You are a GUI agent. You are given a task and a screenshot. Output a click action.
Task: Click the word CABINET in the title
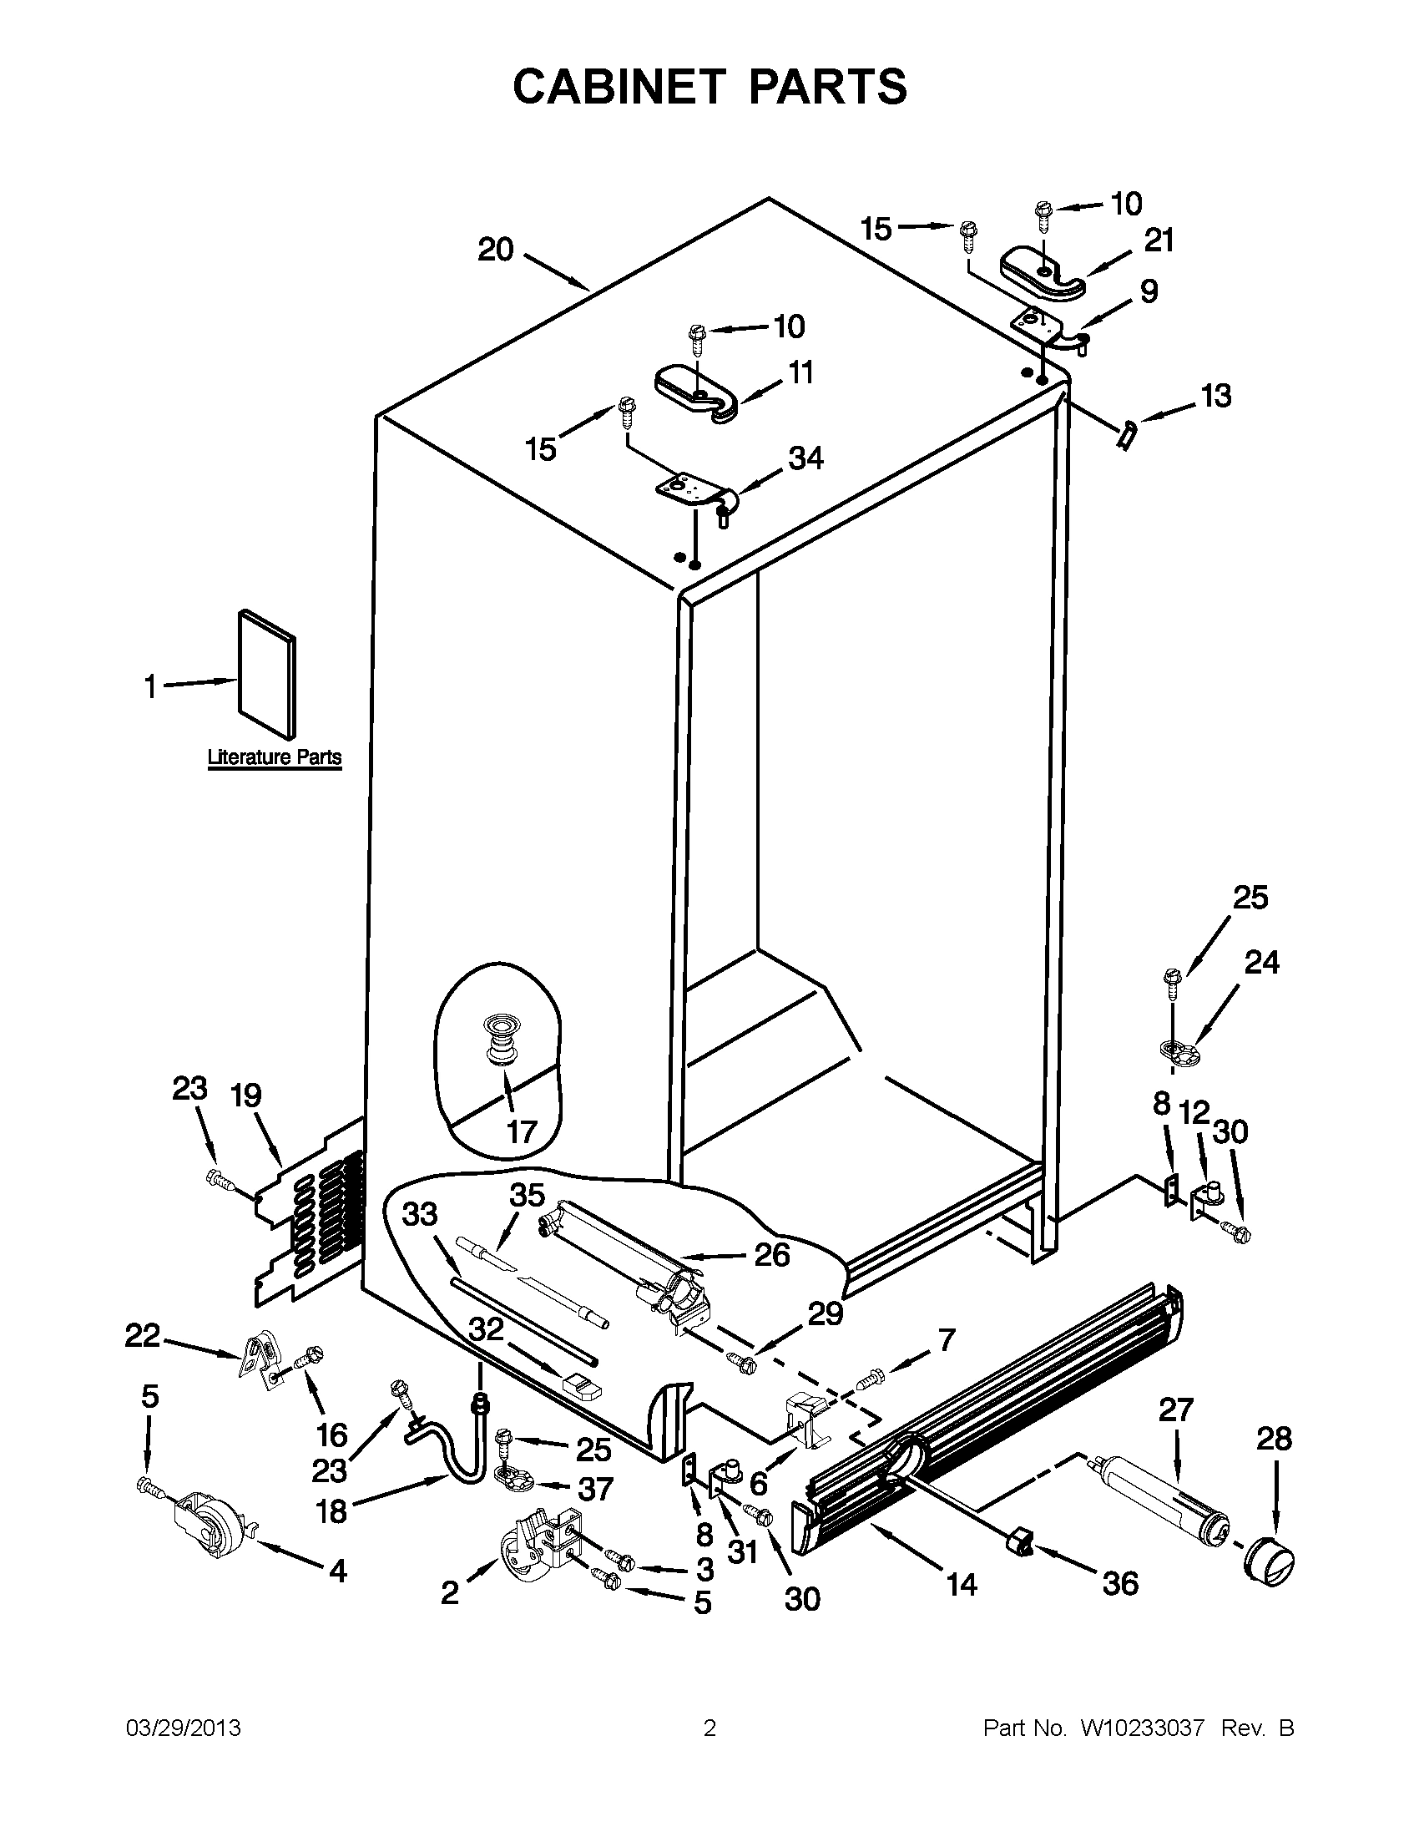click(x=618, y=87)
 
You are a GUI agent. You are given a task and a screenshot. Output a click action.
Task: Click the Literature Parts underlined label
click(x=274, y=757)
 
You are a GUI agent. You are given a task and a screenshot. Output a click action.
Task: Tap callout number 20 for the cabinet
click(x=495, y=250)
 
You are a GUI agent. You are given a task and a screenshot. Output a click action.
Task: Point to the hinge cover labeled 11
click(x=696, y=392)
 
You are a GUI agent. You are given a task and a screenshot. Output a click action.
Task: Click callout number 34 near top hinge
click(x=805, y=458)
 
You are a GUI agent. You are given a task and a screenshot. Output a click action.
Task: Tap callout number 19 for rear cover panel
click(x=246, y=1096)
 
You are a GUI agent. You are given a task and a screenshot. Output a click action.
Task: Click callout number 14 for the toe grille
click(x=962, y=1585)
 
